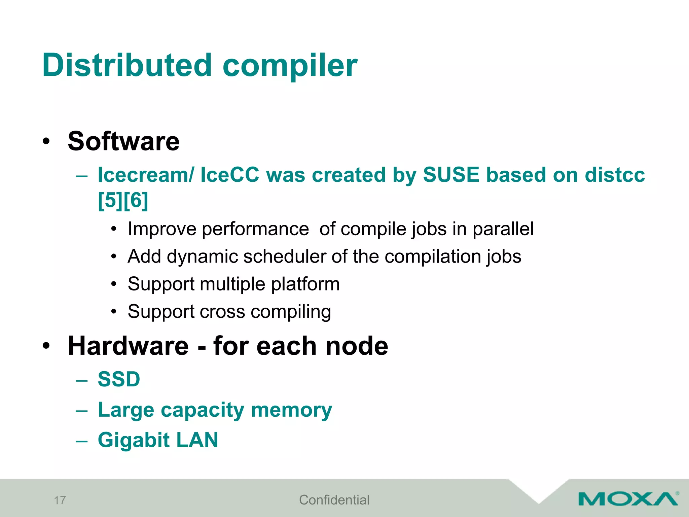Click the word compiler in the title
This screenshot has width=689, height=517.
click(290, 66)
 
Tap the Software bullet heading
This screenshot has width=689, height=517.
click(123, 141)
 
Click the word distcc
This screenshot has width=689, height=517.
click(614, 175)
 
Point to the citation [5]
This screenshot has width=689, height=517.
click(110, 201)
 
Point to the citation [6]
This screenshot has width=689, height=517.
click(136, 201)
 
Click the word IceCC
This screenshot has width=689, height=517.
click(230, 175)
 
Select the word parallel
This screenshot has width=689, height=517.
click(503, 229)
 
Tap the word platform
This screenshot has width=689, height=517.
click(305, 284)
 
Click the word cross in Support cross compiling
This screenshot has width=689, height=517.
click(222, 312)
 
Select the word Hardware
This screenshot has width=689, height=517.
click(128, 346)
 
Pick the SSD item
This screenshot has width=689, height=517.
click(119, 379)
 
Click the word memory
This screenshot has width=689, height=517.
click(291, 410)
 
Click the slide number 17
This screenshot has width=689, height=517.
click(60, 501)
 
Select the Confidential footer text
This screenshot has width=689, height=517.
click(334, 500)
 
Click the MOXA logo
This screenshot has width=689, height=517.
click(628, 499)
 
